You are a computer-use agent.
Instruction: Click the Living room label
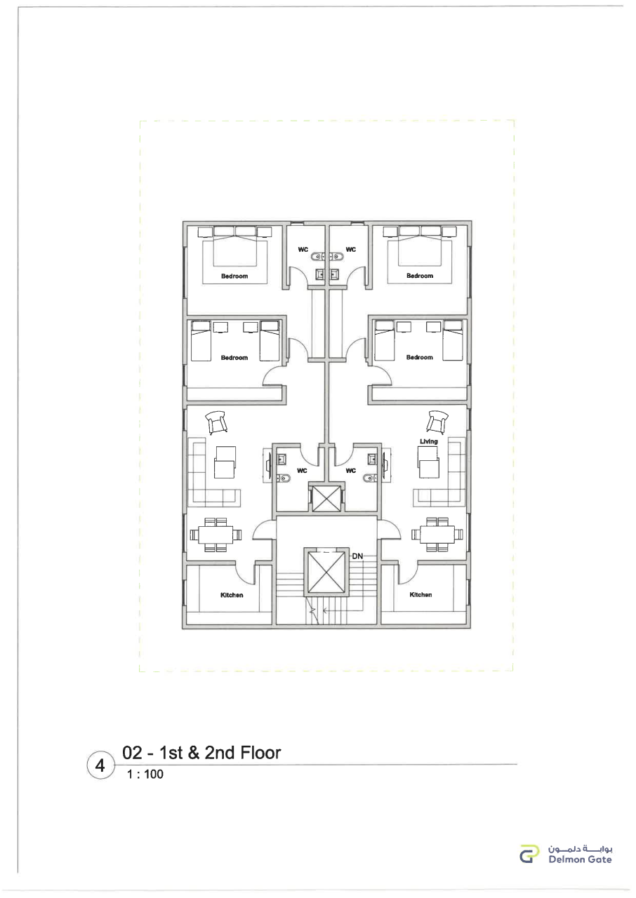pyautogui.click(x=428, y=441)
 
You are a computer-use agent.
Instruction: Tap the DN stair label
pyautogui.click(x=357, y=556)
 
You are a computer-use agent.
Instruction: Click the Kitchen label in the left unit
pyautogui.click(x=232, y=595)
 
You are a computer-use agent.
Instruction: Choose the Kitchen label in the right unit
pyautogui.click(x=420, y=594)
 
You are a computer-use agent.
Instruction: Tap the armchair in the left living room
pyautogui.click(x=216, y=422)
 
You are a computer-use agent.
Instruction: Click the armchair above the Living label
pyautogui.click(x=437, y=422)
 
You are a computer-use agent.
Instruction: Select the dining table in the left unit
pyautogui.click(x=216, y=535)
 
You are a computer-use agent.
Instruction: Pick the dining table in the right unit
pyautogui.click(x=437, y=535)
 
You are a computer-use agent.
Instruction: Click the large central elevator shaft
pyautogui.click(x=326, y=572)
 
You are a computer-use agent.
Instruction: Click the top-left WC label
pyautogui.click(x=303, y=249)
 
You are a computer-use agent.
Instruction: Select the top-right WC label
pyautogui.click(x=350, y=249)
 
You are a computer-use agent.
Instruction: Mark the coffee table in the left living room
pyautogui.click(x=225, y=462)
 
